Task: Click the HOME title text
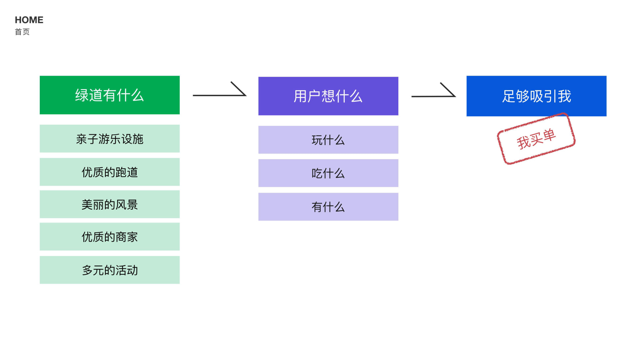(x=29, y=20)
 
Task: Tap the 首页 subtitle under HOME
(x=22, y=32)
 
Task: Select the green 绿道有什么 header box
(x=110, y=95)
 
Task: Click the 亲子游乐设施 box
(x=110, y=139)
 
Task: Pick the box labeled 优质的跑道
(x=110, y=172)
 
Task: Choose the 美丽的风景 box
(x=110, y=204)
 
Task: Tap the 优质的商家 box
(x=110, y=237)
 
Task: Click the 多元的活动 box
(x=110, y=270)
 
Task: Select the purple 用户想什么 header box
(x=328, y=96)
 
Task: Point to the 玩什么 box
(x=328, y=140)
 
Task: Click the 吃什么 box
(x=328, y=173)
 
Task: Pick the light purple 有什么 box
(x=328, y=207)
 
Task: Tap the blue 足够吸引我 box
(x=536, y=96)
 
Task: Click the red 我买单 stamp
(x=536, y=139)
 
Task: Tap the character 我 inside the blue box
(x=564, y=96)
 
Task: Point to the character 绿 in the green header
(x=82, y=95)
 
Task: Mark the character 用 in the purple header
(x=300, y=96)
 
